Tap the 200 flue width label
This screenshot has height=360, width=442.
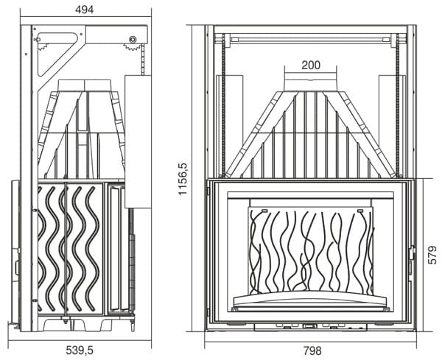point(311,65)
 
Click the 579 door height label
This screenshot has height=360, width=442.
point(433,255)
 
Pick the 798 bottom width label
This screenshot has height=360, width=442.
point(312,350)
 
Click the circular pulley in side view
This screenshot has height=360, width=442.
point(133,39)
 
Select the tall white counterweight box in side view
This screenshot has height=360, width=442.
point(138,140)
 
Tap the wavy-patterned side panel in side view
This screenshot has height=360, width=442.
point(70,247)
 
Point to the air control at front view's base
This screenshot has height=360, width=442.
point(309,325)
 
